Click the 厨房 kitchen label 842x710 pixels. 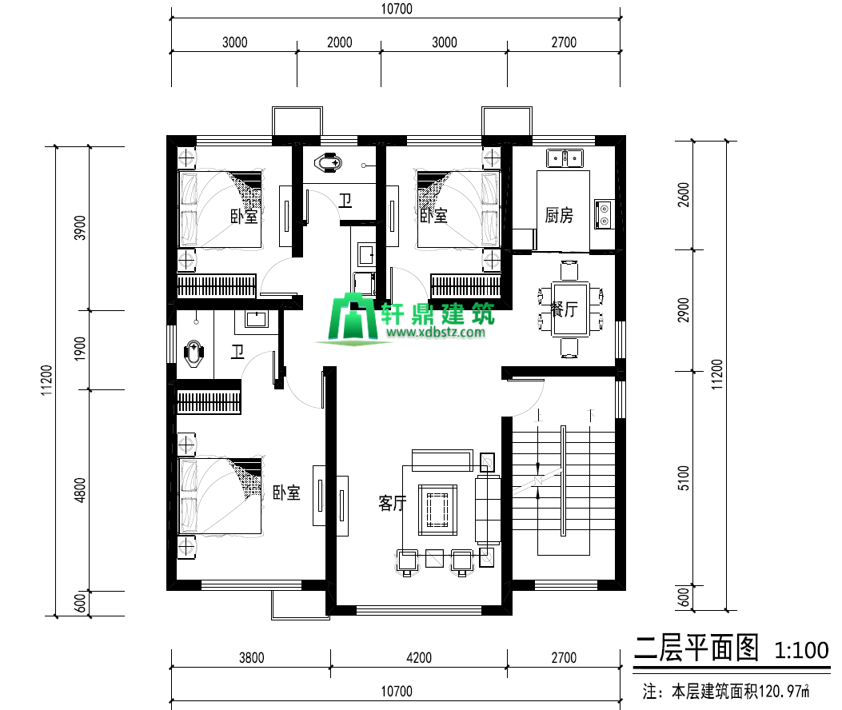click(x=559, y=215)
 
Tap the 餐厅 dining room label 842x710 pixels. click(x=564, y=309)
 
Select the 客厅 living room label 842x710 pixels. click(x=393, y=503)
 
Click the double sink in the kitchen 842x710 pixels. click(x=565, y=158)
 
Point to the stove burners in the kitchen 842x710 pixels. click(x=605, y=213)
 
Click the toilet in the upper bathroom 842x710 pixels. click(x=329, y=162)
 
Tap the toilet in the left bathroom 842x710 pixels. click(x=194, y=354)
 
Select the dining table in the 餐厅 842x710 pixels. click(x=570, y=309)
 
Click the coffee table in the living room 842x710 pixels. click(x=437, y=509)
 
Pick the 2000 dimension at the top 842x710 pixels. click(x=339, y=42)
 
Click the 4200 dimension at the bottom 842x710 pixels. click(x=419, y=658)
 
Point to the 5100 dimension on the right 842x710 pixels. click(x=683, y=478)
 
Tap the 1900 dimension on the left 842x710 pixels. click(x=80, y=349)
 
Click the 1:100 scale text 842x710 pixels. click(x=801, y=650)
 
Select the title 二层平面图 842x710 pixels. click(x=696, y=648)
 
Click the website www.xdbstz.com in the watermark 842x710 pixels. click(x=436, y=332)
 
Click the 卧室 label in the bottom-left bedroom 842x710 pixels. click(x=286, y=493)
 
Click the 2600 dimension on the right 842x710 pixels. click(x=683, y=195)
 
